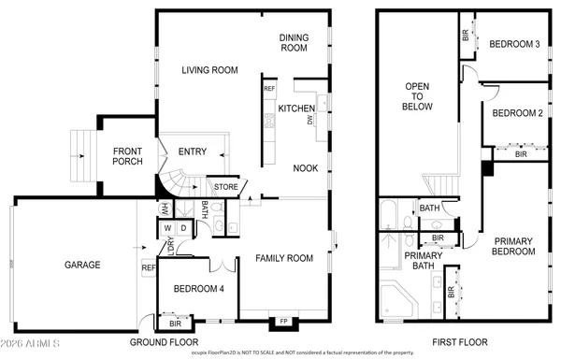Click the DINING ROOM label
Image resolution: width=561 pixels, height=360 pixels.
pyautogui.click(x=294, y=42)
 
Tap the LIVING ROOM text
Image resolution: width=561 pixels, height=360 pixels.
pyautogui.click(x=208, y=70)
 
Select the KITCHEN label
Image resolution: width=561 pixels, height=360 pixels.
pyautogui.click(x=296, y=108)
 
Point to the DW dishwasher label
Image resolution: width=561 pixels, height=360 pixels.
pyautogui.click(x=309, y=120)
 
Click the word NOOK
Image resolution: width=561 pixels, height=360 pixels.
pyautogui.click(x=305, y=168)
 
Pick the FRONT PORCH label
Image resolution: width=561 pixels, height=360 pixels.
pyautogui.click(x=128, y=157)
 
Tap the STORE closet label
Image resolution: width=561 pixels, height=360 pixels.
pyautogui.click(x=225, y=187)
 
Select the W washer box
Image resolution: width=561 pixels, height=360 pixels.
pyautogui.click(x=167, y=227)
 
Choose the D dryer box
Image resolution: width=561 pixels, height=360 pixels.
pyautogui.click(x=183, y=227)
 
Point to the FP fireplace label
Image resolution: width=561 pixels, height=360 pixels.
pyautogui.click(x=283, y=322)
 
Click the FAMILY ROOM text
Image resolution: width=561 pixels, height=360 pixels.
pyautogui.click(x=284, y=257)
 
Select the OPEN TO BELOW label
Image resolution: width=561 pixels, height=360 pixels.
pyautogui.click(x=417, y=96)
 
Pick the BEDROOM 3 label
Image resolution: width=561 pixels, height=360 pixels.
pyautogui.click(x=515, y=43)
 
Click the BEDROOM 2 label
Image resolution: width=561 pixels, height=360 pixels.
pyautogui.click(x=517, y=114)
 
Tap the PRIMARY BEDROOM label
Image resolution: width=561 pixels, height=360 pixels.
pyautogui.click(x=514, y=245)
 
